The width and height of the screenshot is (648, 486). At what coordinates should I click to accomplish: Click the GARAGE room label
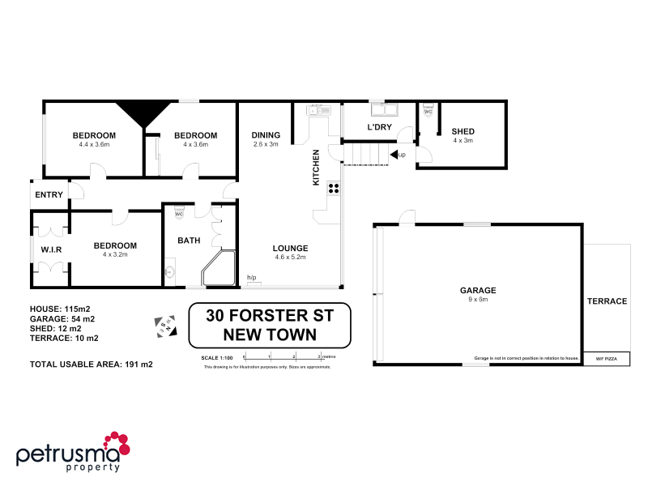pos(477,290)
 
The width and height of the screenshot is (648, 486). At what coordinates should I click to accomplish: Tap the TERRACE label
pos(607,301)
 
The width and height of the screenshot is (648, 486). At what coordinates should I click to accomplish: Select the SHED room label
pos(463,131)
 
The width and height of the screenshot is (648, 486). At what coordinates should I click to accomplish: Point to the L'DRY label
pos(380,128)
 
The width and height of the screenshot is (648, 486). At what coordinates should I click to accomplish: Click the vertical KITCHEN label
pos(317,168)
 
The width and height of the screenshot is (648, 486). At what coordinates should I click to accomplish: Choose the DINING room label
pos(265,135)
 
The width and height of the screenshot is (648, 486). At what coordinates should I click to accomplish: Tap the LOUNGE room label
pos(290,248)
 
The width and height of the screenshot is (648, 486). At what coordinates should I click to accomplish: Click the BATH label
pos(190,240)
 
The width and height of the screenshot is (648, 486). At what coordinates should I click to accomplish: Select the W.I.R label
pos(51,249)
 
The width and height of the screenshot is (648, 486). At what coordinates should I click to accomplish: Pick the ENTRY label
pos(49,194)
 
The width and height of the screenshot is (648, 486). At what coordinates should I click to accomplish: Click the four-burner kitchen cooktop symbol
pos(332,189)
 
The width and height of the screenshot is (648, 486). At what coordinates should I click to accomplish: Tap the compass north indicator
pos(163,323)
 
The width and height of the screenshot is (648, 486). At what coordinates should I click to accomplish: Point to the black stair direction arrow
pos(394,154)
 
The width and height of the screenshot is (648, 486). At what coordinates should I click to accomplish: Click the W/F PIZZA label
pos(606,357)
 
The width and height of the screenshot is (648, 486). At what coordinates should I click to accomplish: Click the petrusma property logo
pos(73,453)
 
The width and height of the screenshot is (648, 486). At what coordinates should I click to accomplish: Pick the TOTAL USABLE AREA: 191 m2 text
pos(91,364)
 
